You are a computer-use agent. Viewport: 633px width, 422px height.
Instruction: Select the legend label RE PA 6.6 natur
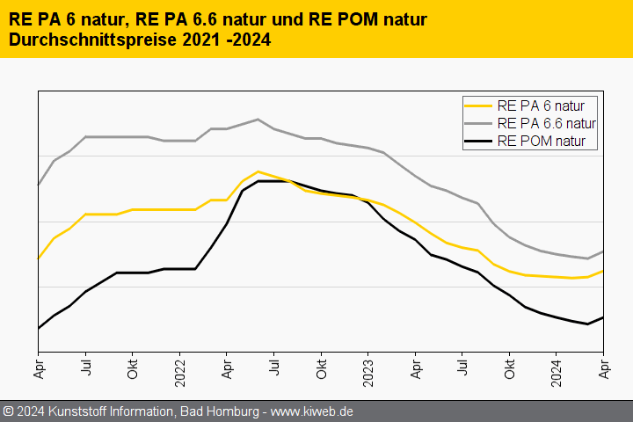(x=546, y=123)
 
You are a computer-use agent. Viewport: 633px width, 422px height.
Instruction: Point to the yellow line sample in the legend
(x=479, y=105)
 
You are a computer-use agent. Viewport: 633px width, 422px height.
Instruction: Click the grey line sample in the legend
(x=479, y=123)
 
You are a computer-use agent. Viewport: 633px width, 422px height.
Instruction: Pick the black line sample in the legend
(x=479, y=141)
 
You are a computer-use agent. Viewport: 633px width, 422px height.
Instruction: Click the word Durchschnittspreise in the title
(x=94, y=40)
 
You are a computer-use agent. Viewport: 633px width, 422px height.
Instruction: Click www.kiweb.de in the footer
(x=314, y=411)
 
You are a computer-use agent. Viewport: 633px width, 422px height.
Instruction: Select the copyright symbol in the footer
(x=8, y=411)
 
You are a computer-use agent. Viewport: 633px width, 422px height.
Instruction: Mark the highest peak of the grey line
(x=258, y=120)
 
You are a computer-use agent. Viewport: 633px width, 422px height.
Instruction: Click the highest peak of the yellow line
(x=258, y=171)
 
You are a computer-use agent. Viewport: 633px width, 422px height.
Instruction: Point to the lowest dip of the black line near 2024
(x=587, y=324)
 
